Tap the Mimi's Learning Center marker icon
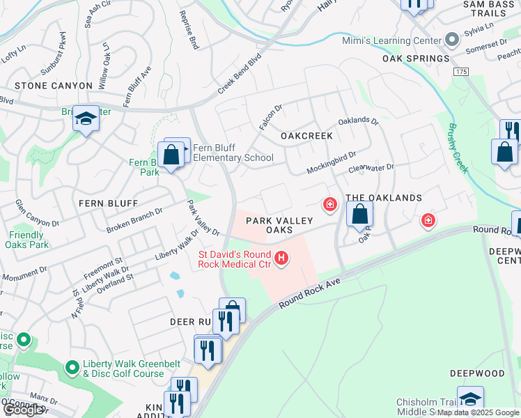tap(452, 40)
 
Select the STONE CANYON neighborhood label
tap(54, 86)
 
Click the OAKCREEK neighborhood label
tap(306, 136)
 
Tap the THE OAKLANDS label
tap(384, 198)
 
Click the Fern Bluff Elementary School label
tap(233, 153)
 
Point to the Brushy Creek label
tap(459, 149)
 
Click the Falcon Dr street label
tap(270, 116)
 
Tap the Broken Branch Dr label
tap(134, 220)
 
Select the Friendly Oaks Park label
tap(29, 240)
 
